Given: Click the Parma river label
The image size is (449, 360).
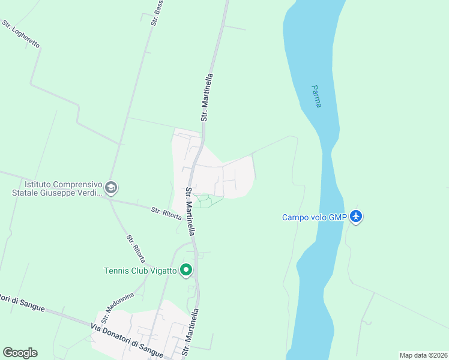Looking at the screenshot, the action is click(x=316, y=96).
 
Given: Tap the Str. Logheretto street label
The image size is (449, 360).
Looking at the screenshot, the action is click(x=20, y=35).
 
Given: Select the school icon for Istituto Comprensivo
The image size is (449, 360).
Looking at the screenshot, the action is click(x=110, y=188).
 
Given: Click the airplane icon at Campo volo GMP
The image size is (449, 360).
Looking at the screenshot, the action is click(x=357, y=216).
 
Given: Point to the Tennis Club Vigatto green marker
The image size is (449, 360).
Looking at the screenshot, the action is click(x=186, y=271).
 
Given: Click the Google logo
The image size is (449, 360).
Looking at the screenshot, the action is click(x=20, y=353).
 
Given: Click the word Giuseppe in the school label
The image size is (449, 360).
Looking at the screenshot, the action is click(x=63, y=193).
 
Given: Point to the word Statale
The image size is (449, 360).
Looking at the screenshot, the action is click(x=28, y=193).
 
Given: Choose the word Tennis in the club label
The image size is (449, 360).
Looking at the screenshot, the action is click(x=116, y=271).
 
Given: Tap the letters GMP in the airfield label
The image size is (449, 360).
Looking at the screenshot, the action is click(x=337, y=217).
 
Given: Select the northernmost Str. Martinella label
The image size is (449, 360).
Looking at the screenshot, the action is click(x=207, y=98).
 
